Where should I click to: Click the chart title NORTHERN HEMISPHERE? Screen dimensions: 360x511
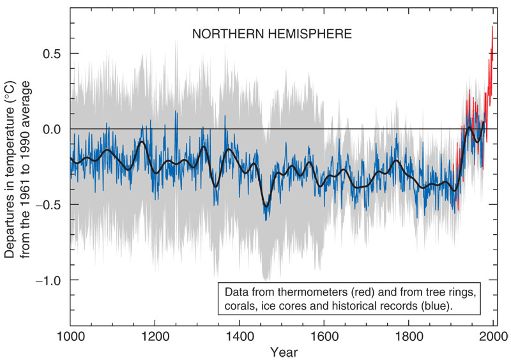(272, 34)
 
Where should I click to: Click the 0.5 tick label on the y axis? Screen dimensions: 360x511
(52, 54)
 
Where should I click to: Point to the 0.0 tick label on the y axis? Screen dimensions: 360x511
(52, 129)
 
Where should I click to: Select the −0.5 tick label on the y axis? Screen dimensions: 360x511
(50, 205)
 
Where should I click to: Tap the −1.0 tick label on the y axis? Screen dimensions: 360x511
(50, 280)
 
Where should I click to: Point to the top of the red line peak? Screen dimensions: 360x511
(492, 27)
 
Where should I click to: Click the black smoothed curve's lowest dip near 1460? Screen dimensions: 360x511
(266, 205)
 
